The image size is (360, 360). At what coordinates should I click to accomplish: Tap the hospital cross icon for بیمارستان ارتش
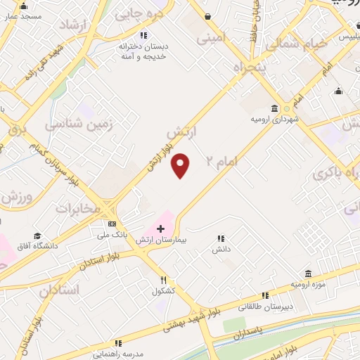click(161, 229)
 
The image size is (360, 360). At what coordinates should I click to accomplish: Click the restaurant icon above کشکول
click(163, 279)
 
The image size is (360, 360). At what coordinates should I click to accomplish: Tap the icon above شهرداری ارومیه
click(274, 108)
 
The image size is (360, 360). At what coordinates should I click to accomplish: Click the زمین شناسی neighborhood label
click(79, 124)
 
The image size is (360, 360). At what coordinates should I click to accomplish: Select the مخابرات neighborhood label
click(75, 209)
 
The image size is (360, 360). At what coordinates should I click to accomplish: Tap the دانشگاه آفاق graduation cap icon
click(37, 236)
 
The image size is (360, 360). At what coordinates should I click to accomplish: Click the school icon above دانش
click(221, 238)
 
